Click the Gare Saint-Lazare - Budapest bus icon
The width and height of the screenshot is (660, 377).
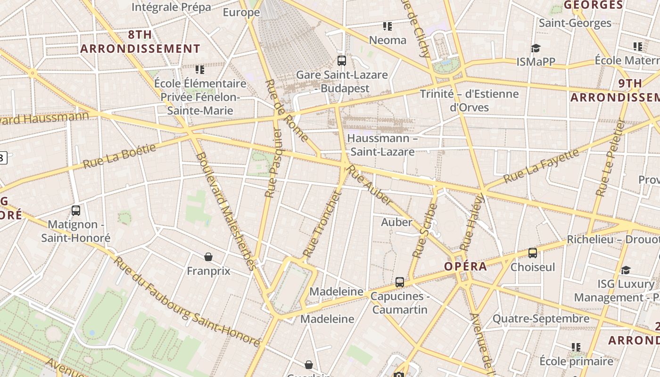pyautogui.click(x=342, y=61)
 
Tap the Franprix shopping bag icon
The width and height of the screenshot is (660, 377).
pyautogui.click(x=208, y=257)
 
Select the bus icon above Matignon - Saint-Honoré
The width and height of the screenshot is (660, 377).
pyautogui.click(x=76, y=211)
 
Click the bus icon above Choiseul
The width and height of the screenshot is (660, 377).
pyautogui.click(x=533, y=253)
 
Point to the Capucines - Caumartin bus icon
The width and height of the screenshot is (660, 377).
pyautogui.click(x=400, y=282)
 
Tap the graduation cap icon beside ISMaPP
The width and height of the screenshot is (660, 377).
pyautogui.click(x=535, y=48)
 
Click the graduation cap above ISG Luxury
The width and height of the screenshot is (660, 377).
pyautogui.click(x=626, y=270)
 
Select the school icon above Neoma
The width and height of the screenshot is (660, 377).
pyautogui.click(x=388, y=26)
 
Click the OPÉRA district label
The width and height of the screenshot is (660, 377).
pyautogui.click(x=465, y=266)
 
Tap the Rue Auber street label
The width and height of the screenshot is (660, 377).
pyautogui.click(x=370, y=184)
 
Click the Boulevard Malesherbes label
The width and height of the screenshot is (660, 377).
pyautogui.click(x=226, y=211)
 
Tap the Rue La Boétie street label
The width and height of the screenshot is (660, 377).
pyautogui.click(x=119, y=156)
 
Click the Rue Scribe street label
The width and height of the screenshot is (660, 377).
pyautogui.click(x=425, y=230)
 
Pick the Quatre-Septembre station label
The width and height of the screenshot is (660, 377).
pyautogui.click(x=541, y=319)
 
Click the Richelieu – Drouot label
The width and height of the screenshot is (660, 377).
pyautogui.click(x=613, y=239)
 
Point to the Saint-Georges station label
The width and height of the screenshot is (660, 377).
pyautogui.click(x=575, y=23)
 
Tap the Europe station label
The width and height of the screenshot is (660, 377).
pyautogui.click(x=241, y=12)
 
